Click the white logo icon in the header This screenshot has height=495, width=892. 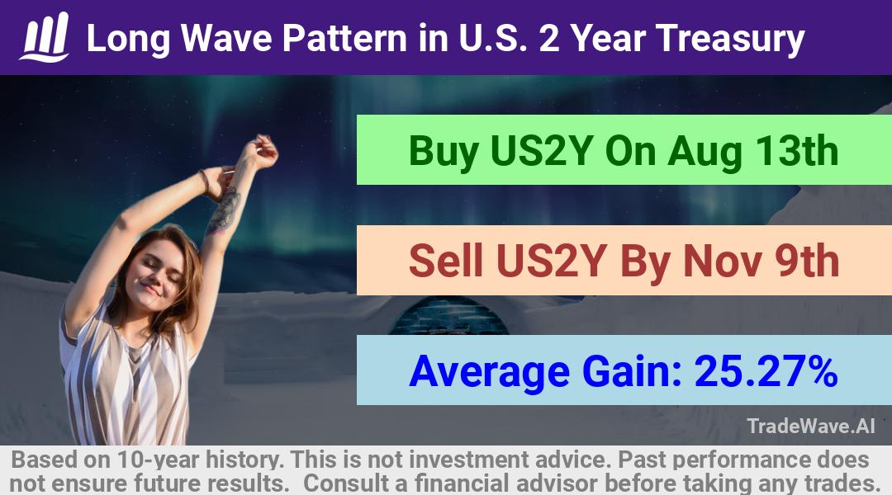[45, 37]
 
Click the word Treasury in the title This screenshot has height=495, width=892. [730, 39]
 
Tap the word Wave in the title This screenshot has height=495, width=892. [225, 38]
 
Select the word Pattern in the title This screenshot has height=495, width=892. [344, 38]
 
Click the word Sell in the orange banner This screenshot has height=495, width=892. [445, 261]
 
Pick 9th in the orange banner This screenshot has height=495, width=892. [806, 261]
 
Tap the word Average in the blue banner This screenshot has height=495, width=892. [489, 372]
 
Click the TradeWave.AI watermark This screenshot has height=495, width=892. [811, 426]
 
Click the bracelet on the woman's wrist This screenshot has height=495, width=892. [205, 181]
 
